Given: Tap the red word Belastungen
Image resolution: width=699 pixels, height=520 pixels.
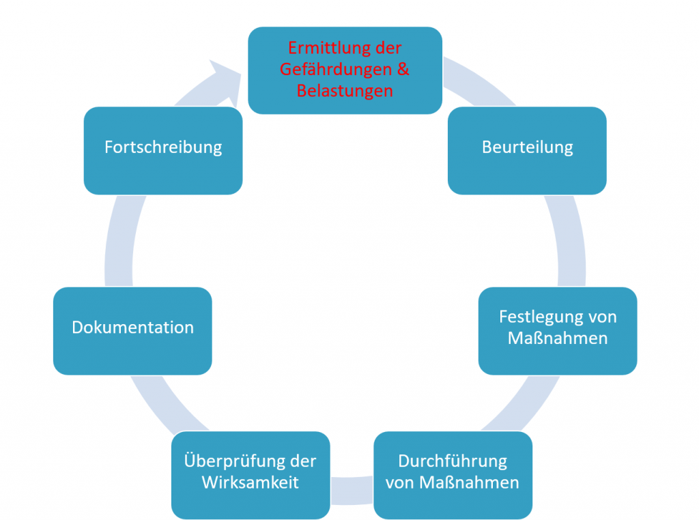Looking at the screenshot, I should [x=345, y=90].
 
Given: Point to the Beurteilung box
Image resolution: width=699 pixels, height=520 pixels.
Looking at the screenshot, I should [x=527, y=150].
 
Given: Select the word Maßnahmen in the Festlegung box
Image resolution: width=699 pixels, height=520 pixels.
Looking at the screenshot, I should [x=558, y=338].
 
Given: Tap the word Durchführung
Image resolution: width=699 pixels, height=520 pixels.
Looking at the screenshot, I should [x=453, y=461].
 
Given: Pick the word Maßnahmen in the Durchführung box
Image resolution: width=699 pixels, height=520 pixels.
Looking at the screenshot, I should [x=469, y=482].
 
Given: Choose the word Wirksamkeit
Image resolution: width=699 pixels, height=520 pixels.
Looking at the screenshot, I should [x=251, y=482].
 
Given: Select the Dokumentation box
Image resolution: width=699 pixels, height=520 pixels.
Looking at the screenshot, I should [x=132, y=330].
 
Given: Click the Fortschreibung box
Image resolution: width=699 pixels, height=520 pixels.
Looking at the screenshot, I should [x=163, y=150].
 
